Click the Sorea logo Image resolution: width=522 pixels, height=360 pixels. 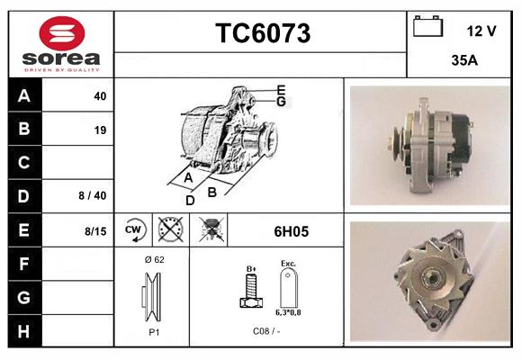[61, 43]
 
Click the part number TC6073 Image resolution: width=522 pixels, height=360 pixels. [262, 33]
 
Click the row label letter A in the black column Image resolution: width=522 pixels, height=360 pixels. [24, 96]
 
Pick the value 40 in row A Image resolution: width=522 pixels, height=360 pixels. [100, 96]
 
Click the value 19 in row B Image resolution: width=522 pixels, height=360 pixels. [100, 130]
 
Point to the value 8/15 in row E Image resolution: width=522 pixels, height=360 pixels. [94, 231]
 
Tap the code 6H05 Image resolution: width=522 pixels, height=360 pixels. [291, 231]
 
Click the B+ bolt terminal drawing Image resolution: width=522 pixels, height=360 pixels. [250, 291]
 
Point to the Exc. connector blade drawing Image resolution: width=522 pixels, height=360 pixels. [288, 289]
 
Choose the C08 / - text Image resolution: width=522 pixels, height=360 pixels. [266, 330]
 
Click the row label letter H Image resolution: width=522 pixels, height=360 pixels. [24, 331]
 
